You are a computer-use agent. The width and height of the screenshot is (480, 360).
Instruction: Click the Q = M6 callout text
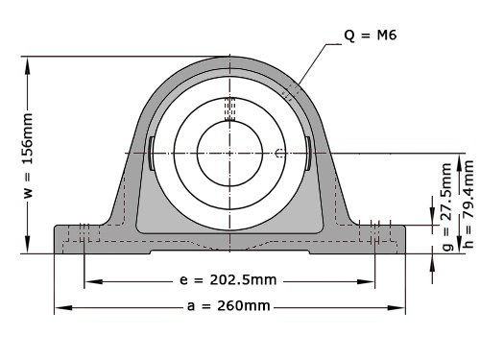(x=371, y=36)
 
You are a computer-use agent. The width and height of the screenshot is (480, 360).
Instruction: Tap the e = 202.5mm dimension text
(x=228, y=281)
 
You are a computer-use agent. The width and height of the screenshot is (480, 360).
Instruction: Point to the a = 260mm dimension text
(x=228, y=307)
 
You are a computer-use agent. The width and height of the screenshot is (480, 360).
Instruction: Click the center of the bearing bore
(x=228, y=153)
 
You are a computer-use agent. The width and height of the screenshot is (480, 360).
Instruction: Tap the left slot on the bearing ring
(x=152, y=154)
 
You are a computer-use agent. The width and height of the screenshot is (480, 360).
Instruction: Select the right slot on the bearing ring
(x=306, y=154)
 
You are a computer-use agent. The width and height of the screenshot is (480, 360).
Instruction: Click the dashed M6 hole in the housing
(x=292, y=90)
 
